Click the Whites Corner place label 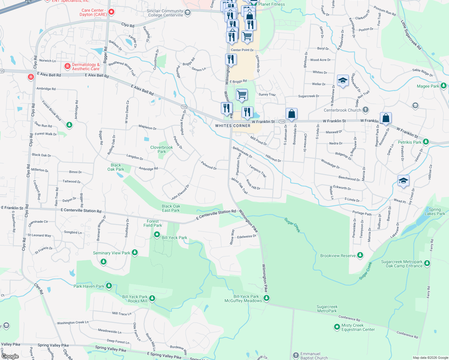coord(233,126)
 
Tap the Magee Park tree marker coord(444,86)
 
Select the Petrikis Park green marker coord(426,142)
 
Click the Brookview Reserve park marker coord(360,255)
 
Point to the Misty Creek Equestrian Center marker coord(337,327)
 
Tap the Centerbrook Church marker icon coord(365,110)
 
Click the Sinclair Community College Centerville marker coord(188,13)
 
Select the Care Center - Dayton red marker coord(111,12)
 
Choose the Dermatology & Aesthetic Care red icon coord(68,66)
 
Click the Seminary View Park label coord(111,253)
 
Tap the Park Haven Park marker coord(109,286)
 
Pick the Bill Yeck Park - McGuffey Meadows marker coord(267,298)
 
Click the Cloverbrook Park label coord(161,149)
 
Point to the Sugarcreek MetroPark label coord(327,309)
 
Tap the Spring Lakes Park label coord(435,211)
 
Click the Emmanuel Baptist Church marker coord(296,355)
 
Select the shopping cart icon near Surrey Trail coord(242,95)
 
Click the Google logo coord(10,356)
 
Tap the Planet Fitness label coord(272,4)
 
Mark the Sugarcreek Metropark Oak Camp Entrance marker coord(427,263)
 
